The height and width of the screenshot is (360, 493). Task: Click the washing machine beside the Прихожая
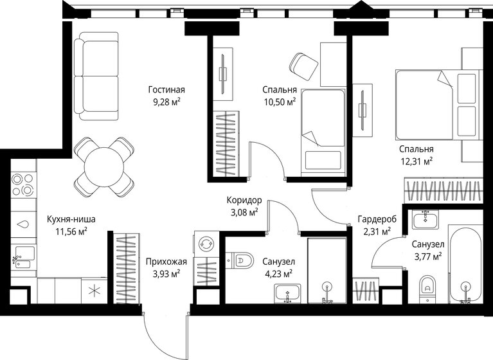click(x=207, y=244)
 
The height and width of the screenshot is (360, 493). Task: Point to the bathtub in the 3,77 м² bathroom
click(x=464, y=264)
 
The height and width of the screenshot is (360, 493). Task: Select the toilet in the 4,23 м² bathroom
click(x=242, y=260)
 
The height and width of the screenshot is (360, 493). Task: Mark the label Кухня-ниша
click(x=67, y=219)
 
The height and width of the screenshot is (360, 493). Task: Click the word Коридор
click(x=242, y=200)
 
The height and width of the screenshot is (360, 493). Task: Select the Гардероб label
click(x=377, y=219)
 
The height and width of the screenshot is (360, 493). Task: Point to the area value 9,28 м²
click(x=166, y=101)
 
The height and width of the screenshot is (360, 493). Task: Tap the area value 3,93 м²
click(x=166, y=273)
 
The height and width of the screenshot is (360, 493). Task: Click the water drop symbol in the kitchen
click(x=23, y=224)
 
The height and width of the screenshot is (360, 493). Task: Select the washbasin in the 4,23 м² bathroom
click(x=287, y=294)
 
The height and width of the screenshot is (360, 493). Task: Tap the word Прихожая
click(x=166, y=262)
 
